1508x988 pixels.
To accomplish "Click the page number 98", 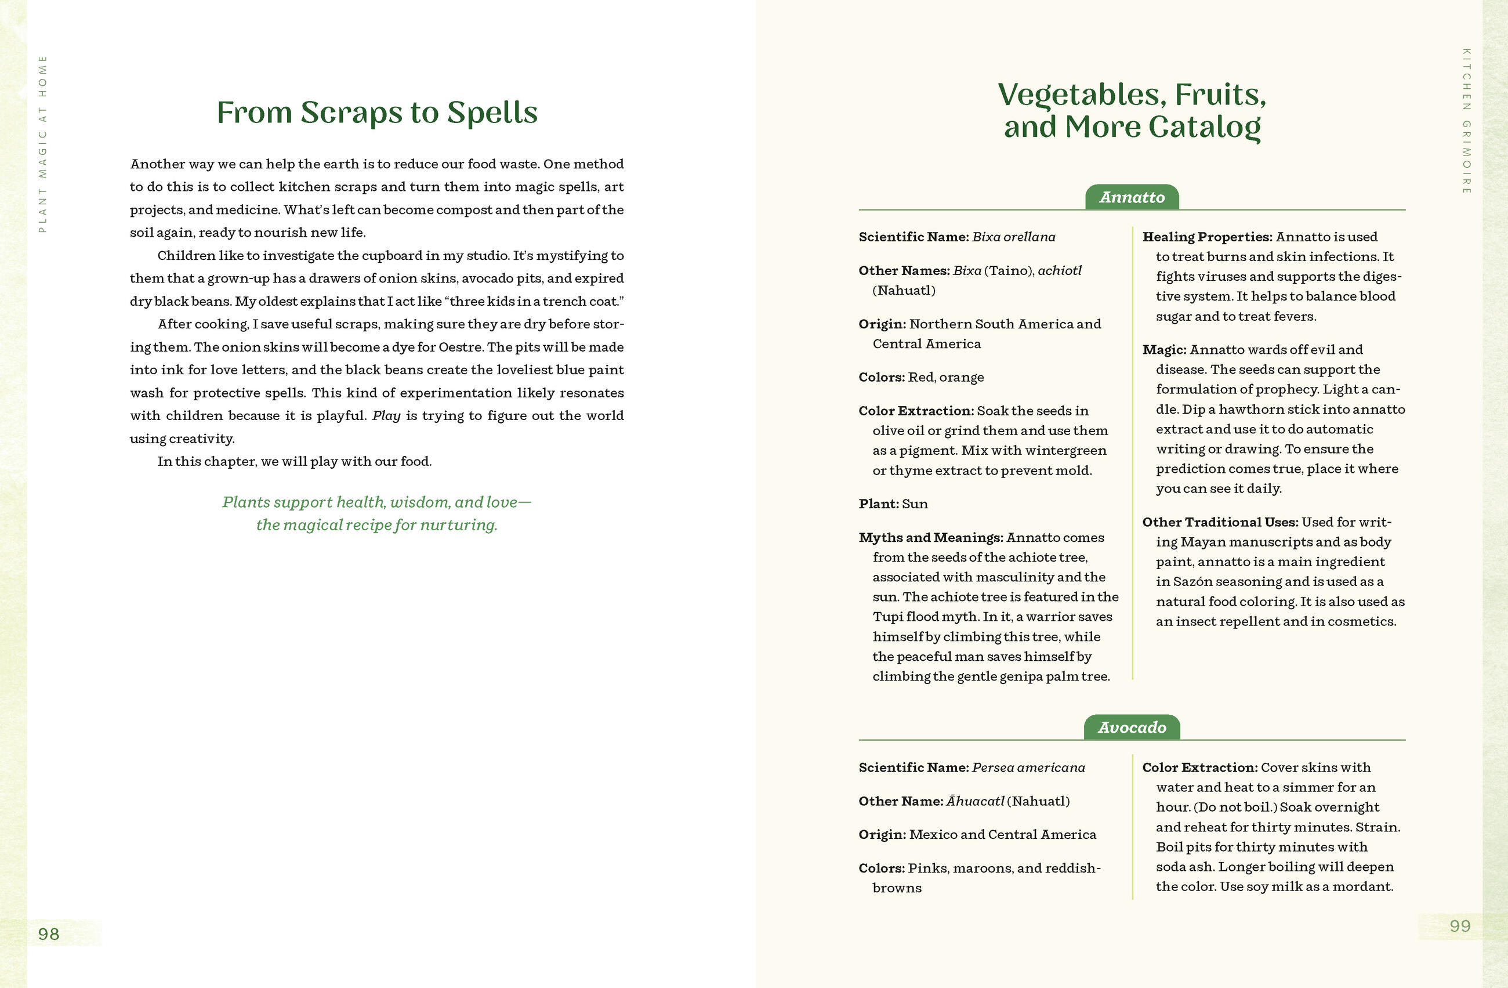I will click(48, 933).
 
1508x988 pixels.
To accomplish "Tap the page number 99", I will click(1459, 926).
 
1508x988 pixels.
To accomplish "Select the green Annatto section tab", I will click(1132, 197).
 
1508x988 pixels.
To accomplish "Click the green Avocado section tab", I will click(1132, 728).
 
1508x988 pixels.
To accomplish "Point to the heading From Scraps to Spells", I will click(377, 113).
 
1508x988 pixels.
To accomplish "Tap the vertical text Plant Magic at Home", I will click(42, 144).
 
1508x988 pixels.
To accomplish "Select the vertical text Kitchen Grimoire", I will click(1466, 121).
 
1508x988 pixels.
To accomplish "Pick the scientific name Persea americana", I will click(1028, 768).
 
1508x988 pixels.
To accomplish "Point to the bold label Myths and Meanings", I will click(930, 537).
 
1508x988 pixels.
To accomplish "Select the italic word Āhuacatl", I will click(975, 801).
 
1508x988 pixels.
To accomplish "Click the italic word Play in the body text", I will click(386, 416).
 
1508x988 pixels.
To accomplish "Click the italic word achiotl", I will click(1060, 270).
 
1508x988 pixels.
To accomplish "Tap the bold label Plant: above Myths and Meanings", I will click(878, 504).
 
